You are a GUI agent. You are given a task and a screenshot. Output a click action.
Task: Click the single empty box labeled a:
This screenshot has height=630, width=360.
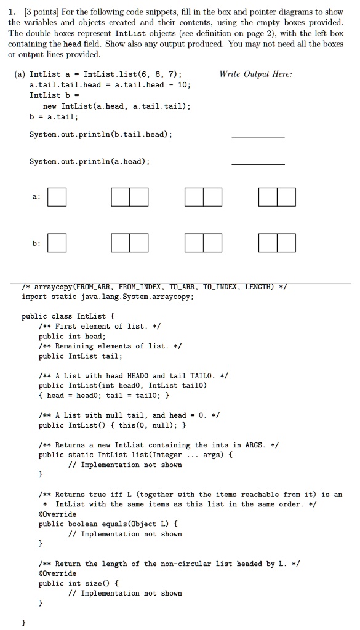[x=57, y=197]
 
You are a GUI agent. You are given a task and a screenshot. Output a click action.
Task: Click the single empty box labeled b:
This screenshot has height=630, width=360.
[x=57, y=243]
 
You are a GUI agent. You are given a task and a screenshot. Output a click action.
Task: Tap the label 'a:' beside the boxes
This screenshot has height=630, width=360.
[x=36, y=197]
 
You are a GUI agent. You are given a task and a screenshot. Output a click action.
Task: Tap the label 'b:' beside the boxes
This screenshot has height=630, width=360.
[x=36, y=243]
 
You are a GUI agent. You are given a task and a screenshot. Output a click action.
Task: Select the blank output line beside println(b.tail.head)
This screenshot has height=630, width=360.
[x=258, y=136]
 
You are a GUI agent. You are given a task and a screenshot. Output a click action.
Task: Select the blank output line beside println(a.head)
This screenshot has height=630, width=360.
[x=258, y=164]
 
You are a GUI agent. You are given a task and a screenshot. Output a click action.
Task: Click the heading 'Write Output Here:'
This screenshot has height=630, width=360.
[x=255, y=74]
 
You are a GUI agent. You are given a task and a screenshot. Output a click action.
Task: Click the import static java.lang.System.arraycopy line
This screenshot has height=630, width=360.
[x=108, y=297]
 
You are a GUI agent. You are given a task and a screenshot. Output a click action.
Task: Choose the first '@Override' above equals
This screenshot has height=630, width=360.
[x=58, y=514]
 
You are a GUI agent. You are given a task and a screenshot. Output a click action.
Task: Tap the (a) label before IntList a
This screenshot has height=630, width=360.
[x=19, y=74]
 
